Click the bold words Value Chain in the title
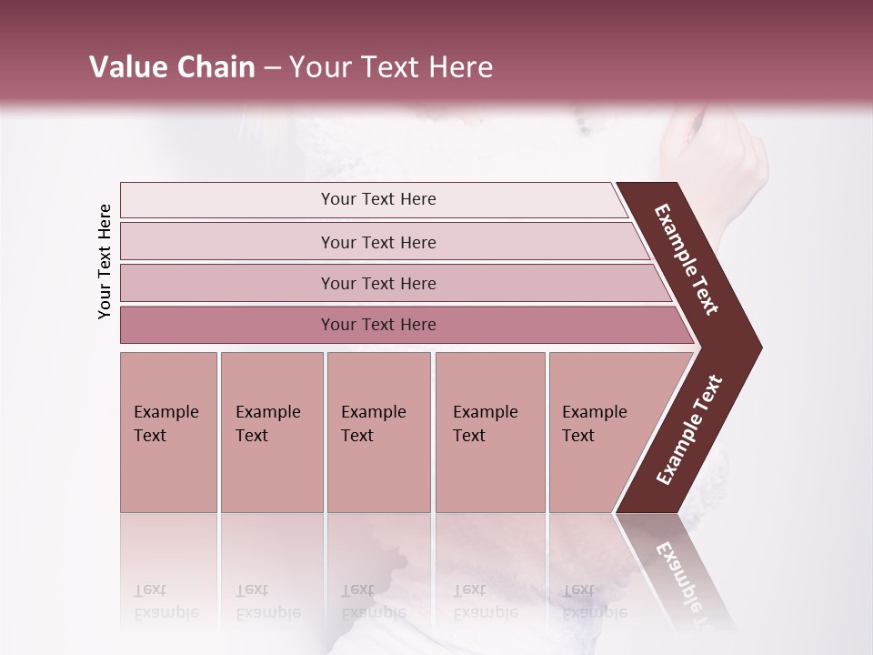172,67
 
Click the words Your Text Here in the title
391,67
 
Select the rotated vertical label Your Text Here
105,261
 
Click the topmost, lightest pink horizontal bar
227,200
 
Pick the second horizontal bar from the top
227,242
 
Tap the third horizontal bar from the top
227,283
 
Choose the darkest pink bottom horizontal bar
227,325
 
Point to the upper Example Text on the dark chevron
687,259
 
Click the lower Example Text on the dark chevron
689,429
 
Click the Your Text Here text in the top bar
378,199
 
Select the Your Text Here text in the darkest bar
378,325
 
